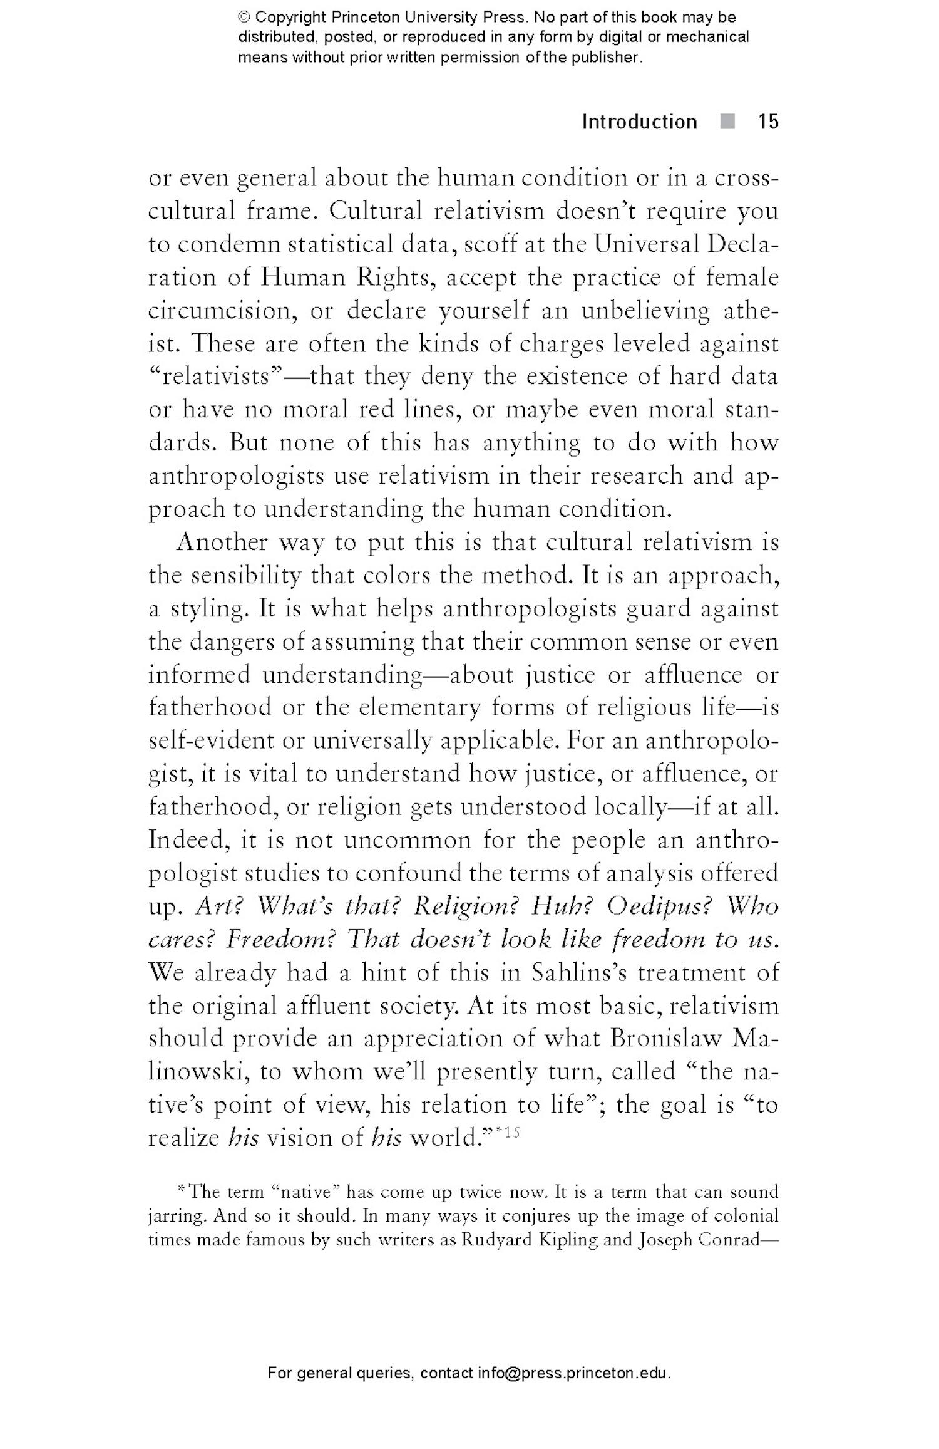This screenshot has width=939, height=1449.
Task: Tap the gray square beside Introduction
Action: click(x=727, y=121)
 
